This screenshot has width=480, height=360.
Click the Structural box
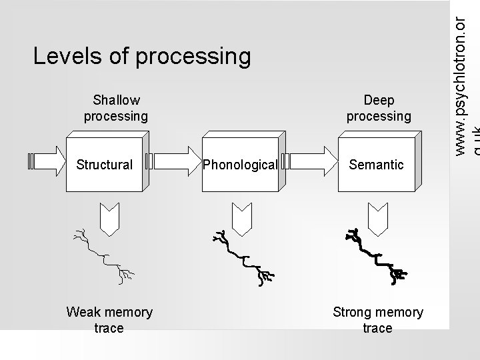[x=105, y=164]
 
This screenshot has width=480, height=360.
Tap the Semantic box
[x=377, y=164]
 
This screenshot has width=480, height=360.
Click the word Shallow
[x=117, y=100]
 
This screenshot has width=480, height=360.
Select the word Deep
[x=379, y=100]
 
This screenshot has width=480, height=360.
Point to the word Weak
[x=83, y=312]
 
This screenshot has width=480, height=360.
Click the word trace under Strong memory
[x=377, y=328]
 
